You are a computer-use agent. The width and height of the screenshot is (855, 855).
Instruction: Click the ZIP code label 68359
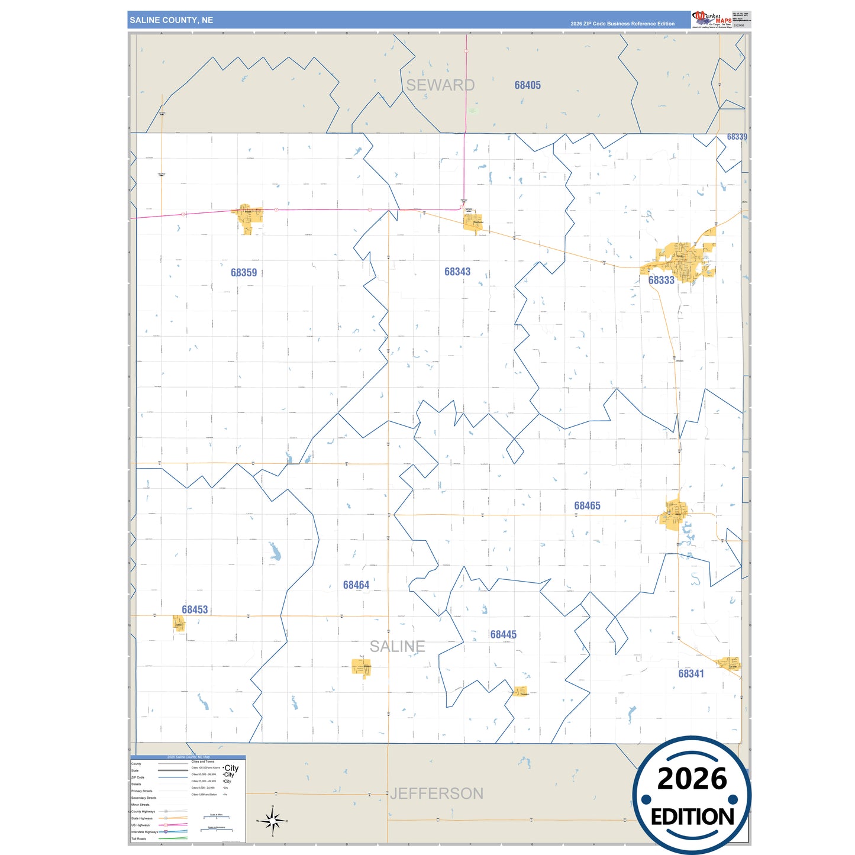click(x=244, y=273)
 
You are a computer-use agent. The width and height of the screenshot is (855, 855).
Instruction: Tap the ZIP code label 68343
click(x=457, y=272)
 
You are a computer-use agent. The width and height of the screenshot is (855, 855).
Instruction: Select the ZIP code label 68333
click(x=661, y=280)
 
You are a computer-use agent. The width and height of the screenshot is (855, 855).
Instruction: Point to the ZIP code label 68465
click(x=587, y=506)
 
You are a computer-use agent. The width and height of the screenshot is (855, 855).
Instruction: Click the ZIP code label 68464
click(x=356, y=585)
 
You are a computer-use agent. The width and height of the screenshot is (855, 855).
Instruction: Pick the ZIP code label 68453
click(x=195, y=610)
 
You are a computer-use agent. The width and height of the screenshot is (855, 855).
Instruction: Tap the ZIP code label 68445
click(x=503, y=635)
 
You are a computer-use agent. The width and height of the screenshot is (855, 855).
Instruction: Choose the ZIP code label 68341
click(x=691, y=674)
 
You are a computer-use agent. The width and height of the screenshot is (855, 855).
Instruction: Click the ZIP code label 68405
click(x=527, y=85)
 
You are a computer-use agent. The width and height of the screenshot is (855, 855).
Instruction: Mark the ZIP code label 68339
click(x=737, y=137)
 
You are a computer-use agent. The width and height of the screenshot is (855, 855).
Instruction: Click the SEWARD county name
click(x=440, y=85)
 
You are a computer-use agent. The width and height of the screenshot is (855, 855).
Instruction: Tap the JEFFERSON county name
click(x=437, y=793)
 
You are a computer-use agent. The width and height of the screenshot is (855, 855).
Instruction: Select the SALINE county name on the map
click(x=398, y=647)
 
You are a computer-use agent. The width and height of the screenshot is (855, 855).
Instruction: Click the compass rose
click(x=272, y=821)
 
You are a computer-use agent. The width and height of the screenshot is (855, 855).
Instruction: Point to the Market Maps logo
click(x=712, y=20)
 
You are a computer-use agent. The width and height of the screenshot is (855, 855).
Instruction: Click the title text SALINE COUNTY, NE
click(x=172, y=20)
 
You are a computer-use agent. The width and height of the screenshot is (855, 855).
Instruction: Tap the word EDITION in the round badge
click(x=692, y=817)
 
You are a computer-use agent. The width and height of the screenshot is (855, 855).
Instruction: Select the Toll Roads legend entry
click(x=138, y=838)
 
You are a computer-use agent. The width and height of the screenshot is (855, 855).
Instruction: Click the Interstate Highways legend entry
click(x=145, y=832)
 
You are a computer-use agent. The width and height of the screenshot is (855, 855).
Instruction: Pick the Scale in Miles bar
click(x=216, y=817)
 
